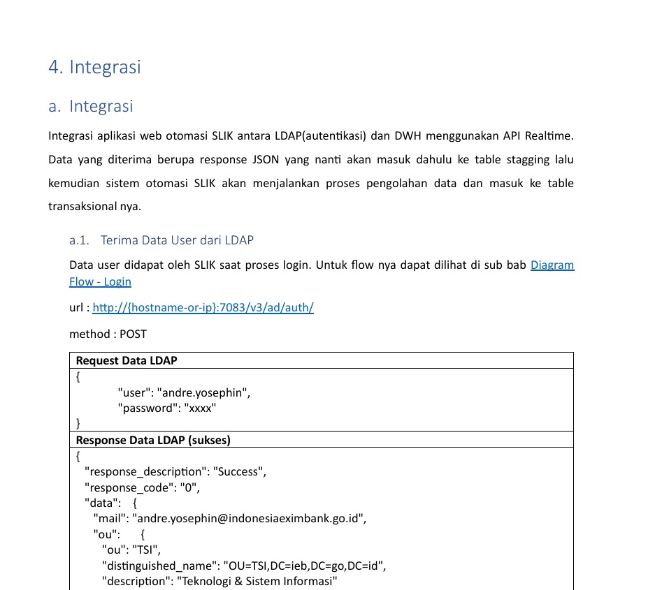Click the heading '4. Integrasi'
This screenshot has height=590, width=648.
point(94,67)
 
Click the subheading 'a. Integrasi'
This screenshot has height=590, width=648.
point(91,107)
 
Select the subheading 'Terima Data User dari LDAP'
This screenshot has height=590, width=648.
point(177,240)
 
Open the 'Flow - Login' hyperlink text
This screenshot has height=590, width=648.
point(100,282)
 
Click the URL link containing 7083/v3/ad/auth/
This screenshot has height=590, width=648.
point(203,308)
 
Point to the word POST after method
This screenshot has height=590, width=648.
point(134,334)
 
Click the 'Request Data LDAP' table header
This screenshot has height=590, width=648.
point(127,360)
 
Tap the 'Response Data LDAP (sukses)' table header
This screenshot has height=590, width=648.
point(153,440)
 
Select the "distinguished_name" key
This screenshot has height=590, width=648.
point(159,566)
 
